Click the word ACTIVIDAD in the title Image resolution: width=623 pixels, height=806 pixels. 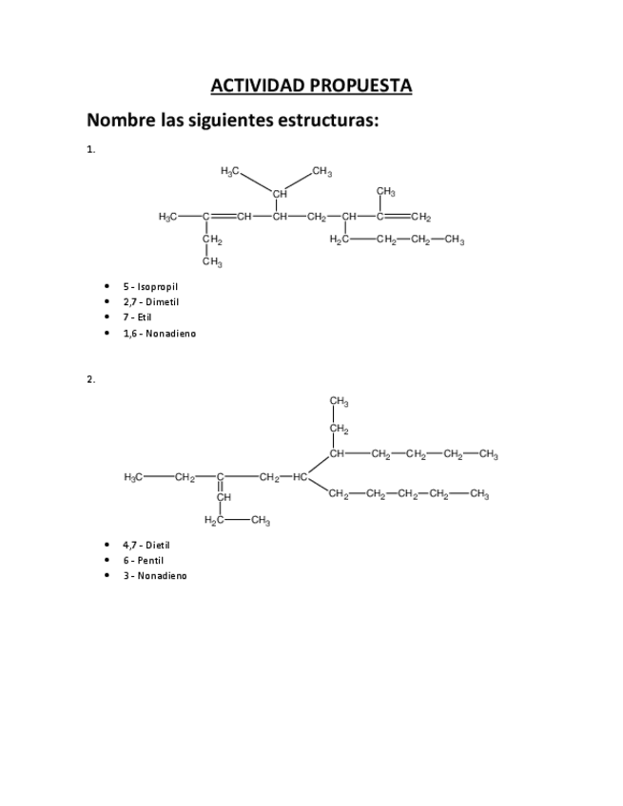coord(252,86)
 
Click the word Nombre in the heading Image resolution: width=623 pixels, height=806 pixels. coord(121,121)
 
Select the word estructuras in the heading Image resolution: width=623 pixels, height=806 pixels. coord(326,121)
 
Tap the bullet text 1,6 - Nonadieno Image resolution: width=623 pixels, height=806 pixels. coord(159,333)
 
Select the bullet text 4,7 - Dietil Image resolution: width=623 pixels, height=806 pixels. coord(146,545)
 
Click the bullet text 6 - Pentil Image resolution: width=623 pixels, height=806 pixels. coord(143,560)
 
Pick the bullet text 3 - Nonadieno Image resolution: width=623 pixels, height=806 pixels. coord(154,575)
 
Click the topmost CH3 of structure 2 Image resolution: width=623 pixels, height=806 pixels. coord(339,401)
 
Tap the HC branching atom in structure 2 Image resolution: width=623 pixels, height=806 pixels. coord(300,477)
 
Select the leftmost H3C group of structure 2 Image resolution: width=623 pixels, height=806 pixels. coord(134,477)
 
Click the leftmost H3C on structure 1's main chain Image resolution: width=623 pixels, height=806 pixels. coord(168,217)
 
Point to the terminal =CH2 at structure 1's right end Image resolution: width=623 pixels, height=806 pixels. coord(419,217)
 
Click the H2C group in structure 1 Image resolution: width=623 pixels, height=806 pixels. coord(340,240)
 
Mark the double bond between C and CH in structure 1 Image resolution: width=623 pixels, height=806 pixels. coord(224,217)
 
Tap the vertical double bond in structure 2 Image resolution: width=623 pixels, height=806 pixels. coord(220,487)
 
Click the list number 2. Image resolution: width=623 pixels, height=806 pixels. coord(90,379)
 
